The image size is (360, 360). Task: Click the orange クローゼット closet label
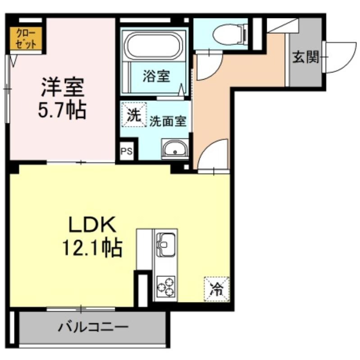click(26, 38)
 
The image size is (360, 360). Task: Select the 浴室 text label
click(156, 76)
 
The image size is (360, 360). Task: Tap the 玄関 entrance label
click(306, 57)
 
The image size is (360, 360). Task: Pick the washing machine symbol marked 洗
click(134, 115)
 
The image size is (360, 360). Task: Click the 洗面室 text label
click(168, 121)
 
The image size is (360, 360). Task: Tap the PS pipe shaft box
click(127, 151)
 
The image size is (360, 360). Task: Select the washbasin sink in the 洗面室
click(175, 149)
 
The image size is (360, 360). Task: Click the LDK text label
click(92, 225)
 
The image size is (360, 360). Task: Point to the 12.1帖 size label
click(92, 247)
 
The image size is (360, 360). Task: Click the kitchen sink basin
click(165, 245)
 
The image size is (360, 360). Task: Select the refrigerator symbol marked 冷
click(217, 289)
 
